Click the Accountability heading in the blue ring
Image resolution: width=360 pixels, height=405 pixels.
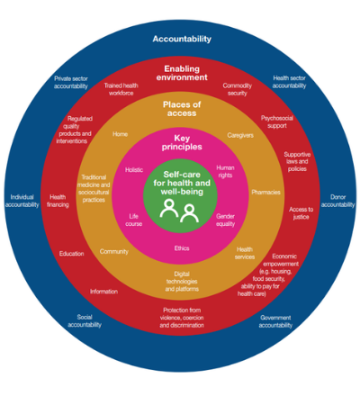pyautogui.click(x=182, y=39)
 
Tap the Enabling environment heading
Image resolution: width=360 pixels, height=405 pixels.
pyautogui.click(x=182, y=73)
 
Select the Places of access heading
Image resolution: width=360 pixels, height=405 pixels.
pyautogui.click(x=182, y=109)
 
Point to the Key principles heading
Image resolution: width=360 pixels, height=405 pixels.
pyautogui.click(x=182, y=142)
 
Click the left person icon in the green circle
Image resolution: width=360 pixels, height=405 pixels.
pyautogui.click(x=169, y=208)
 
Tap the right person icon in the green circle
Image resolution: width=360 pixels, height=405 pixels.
pyautogui.click(x=189, y=213)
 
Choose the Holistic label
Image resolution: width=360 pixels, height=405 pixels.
pyautogui.click(x=134, y=170)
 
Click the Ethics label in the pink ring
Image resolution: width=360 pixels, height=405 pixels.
pyautogui.click(x=182, y=248)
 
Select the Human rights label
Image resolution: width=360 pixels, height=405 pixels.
pyautogui.click(x=225, y=172)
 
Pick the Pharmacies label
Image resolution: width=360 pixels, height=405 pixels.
pyautogui.click(x=265, y=193)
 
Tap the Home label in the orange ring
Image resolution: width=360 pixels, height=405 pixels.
pyautogui.click(x=121, y=134)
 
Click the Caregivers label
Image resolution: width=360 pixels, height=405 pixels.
pyautogui.click(x=240, y=135)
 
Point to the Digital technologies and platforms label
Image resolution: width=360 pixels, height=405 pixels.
pyautogui.click(x=182, y=282)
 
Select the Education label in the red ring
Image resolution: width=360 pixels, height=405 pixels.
pyautogui.click(x=71, y=254)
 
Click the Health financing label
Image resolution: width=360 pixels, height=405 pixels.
pyautogui.click(x=58, y=201)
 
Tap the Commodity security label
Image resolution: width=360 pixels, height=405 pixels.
pyautogui.click(x=237, y=89)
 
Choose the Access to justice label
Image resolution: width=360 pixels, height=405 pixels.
pyautogui.click(x=301, y=213)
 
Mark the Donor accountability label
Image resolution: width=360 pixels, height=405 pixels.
pyautogui.click(x=337, y=201)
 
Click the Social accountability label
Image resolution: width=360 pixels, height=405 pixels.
pyautogui.click(x=85, y=321)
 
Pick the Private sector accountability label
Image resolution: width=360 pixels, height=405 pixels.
pyautogui.click(x=71, y=83)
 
